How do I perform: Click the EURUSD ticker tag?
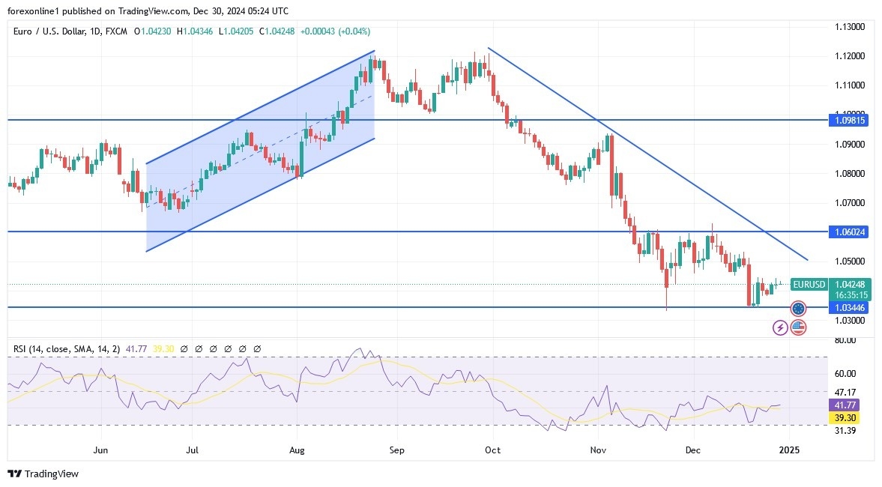click(x=809, y=285)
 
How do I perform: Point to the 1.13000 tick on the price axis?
click(x=850, y=27)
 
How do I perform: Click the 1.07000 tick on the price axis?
click(x=850, y=203)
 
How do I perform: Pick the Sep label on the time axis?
click(x=396, y=450)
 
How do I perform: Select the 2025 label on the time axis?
click(x=790, y=450)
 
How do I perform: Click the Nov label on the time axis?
click(x=598, y=450)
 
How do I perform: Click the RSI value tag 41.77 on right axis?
click(x=845, y=405)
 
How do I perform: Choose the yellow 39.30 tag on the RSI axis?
click(x=845, y=417)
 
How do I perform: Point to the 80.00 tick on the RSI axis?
click(x=845, y=340)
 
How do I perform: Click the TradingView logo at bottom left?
click(x=43, y=474)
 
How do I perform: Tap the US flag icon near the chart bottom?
click(x=798, y=327)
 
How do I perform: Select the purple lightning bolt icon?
click(x=780, y=327)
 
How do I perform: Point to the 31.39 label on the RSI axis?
click(x=845, y=430)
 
